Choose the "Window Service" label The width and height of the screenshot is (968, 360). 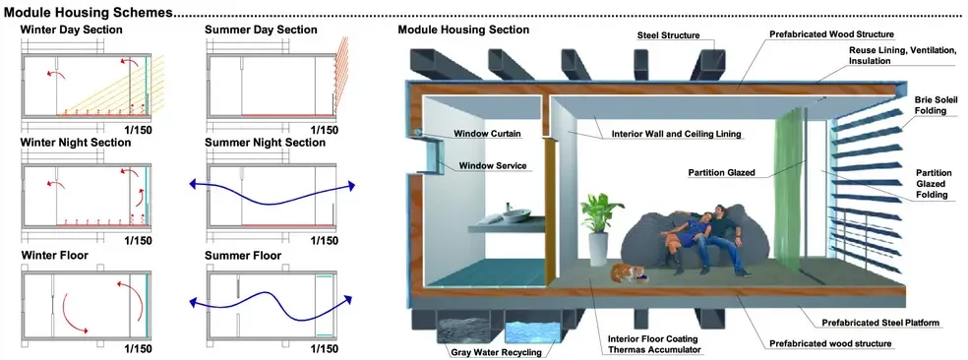click(492, 165)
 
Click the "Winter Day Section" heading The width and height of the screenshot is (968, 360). click(72, 30)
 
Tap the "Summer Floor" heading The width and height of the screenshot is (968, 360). click(243, 255)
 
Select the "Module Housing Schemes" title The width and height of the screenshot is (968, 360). click(88, 11)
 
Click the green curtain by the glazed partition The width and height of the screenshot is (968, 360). click(788, 185)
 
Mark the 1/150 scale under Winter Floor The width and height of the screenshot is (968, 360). click(138, 349)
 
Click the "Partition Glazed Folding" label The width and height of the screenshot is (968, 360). click(934, 184)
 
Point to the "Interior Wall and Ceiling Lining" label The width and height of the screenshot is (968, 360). click(676, 134)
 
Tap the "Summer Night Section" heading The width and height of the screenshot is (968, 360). click(265, 143)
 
